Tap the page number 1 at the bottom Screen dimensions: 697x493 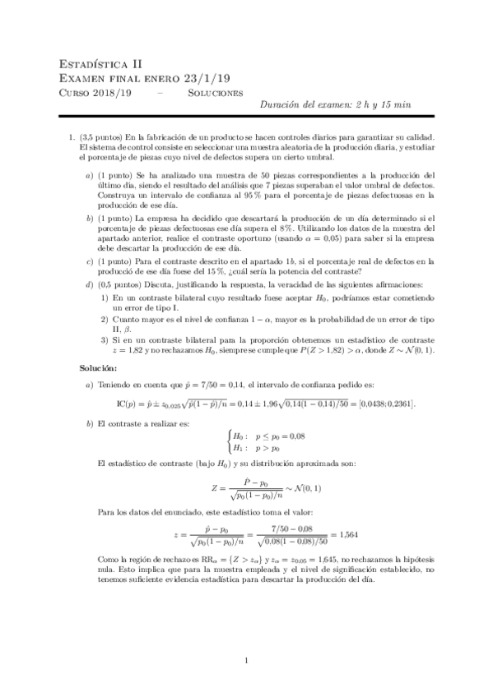click(x=247, y=660)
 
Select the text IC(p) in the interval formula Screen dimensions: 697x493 click(x=131, y=404)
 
